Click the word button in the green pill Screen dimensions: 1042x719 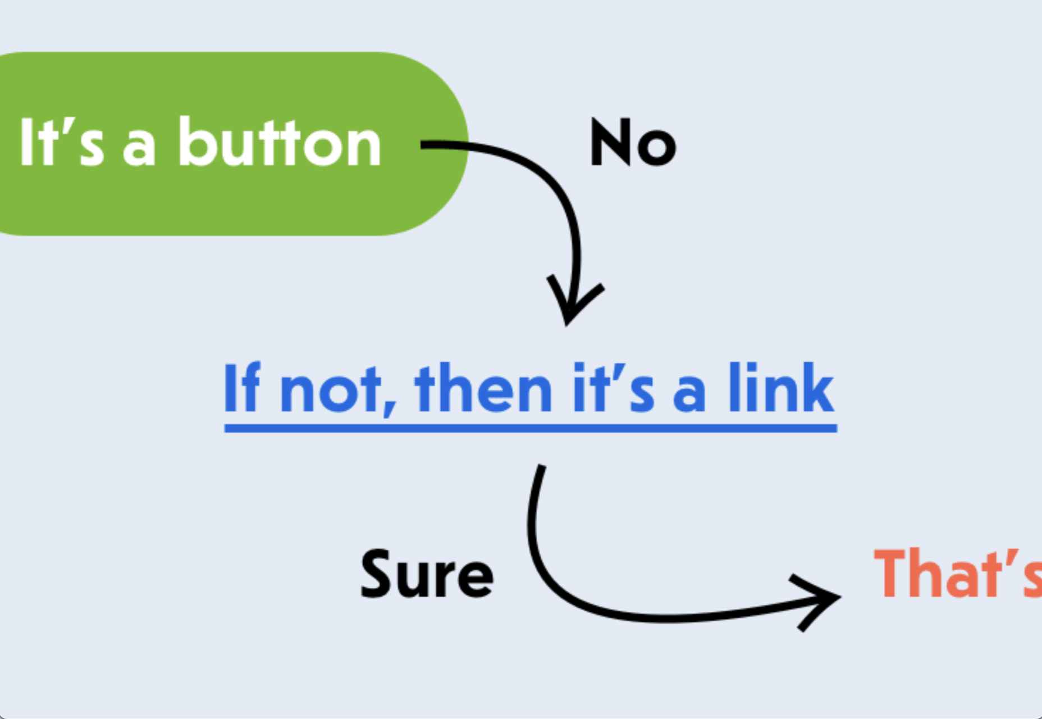point(280,142)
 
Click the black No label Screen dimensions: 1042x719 point(633,143)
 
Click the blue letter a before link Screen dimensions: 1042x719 point(689,394)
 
